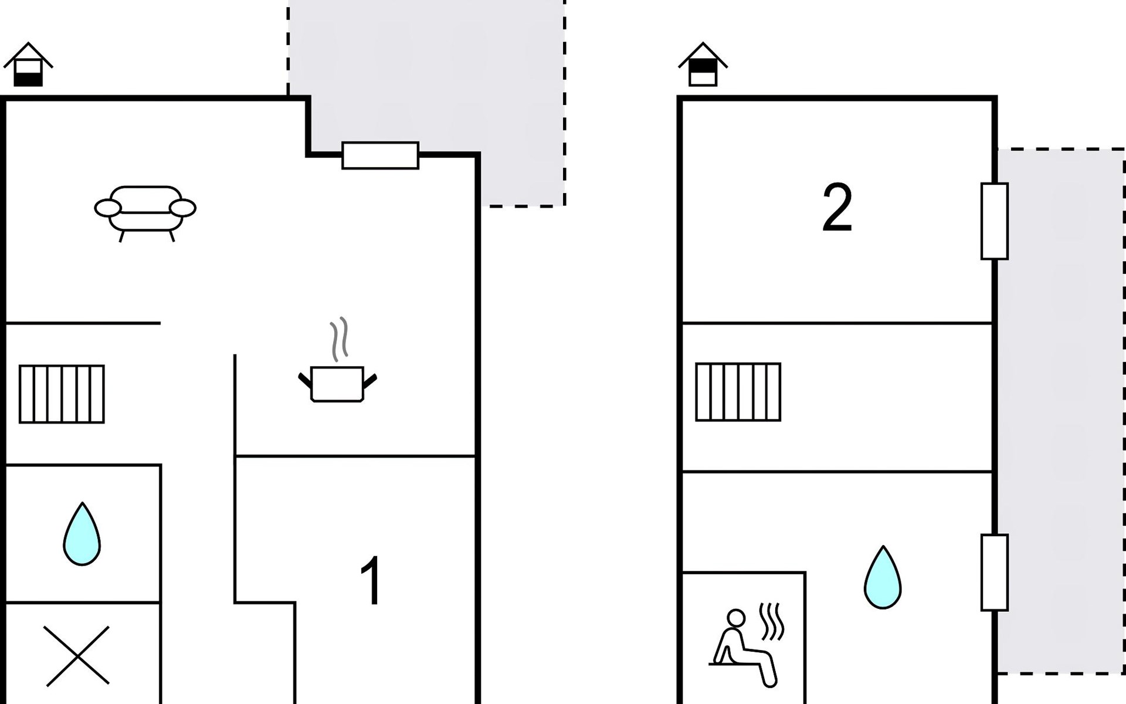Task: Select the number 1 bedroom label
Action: [x=371, y=581]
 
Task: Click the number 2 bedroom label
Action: [x=837, y=208]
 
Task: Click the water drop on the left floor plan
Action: [x=82, y=535]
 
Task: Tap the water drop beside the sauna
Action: [x=883, y=578]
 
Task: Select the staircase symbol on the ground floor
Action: [x=62, y=394]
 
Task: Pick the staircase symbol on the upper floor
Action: [x=738, y=392]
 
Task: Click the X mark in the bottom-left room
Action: [x=77, y=655]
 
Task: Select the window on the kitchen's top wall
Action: [x=380, y=155]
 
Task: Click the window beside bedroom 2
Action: [x=994, y=221]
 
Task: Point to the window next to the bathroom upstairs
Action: [x=994, y=573]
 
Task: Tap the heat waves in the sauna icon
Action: [x=772, y=622]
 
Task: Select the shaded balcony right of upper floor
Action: [x=1061, y=411]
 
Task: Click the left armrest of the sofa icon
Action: [x=108, y=208]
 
